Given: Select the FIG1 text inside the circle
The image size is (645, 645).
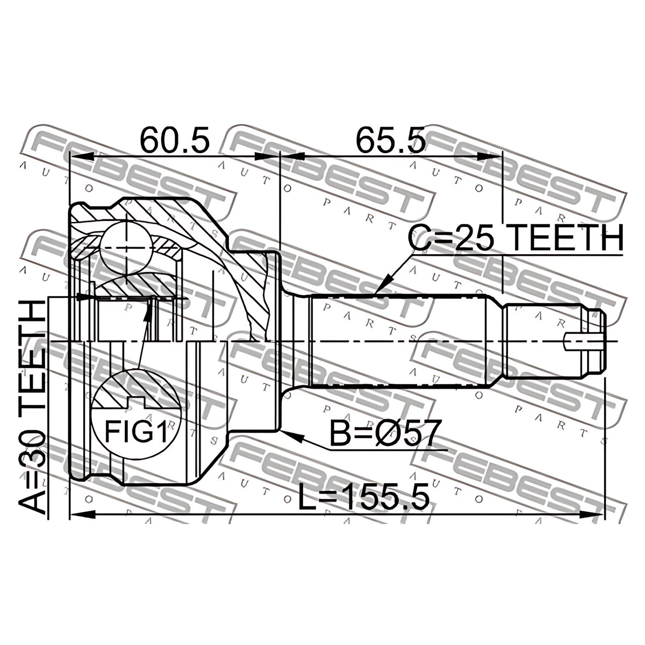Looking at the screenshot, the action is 135,431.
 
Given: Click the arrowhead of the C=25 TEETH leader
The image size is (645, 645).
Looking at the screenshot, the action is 382,286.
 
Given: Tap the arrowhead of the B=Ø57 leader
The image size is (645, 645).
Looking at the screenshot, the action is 291,435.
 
